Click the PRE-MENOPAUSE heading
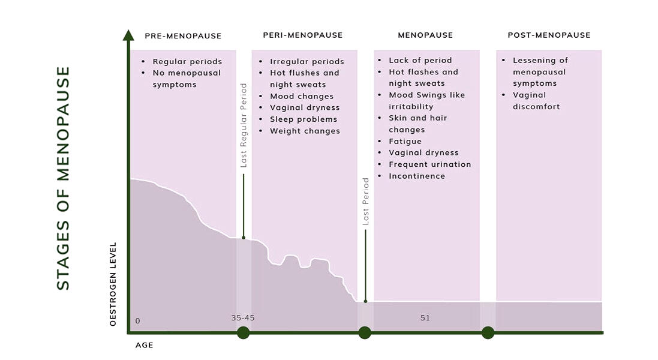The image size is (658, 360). pos(183,35)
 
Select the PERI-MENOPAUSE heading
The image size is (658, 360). pos(303,35)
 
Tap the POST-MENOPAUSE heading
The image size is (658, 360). pos(549,35)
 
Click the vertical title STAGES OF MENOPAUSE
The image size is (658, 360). pos(64,178)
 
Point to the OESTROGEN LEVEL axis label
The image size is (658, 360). pos(113,284)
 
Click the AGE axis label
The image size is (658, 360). pos(144,346)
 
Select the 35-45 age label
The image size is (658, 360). pos(243,318)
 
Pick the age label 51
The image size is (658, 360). pos(425,318)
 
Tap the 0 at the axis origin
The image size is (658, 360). pos(137,321)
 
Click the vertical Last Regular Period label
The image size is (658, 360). pos(244,124)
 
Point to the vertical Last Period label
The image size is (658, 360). pos(365,201)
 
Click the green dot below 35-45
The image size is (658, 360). pos(243,332)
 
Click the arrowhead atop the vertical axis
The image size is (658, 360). pos(128,35)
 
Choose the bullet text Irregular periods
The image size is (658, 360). pos(307,62)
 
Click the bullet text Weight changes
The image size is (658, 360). pos(305,131)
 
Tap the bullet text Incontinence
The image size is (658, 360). pos(417,176)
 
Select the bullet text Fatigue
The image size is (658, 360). pos(405,142)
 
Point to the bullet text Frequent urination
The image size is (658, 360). pos(429,164)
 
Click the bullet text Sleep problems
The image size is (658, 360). pos(304,119)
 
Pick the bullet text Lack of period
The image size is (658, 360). pos(420,61)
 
